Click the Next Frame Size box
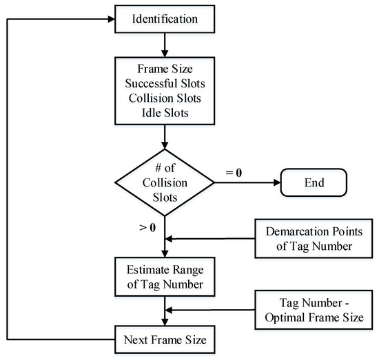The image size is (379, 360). pyautogui.click(x=164, y=340)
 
